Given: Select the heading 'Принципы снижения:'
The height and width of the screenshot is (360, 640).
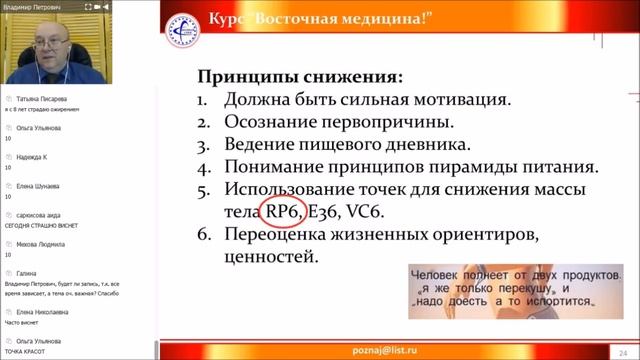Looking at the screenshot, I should pyautogui.click(x=301, y=77).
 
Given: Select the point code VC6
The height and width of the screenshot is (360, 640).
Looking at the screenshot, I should pyautogui.click(x=363, y=212).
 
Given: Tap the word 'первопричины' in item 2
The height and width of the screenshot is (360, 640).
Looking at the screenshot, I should pyautogui.click(x=384, y=122).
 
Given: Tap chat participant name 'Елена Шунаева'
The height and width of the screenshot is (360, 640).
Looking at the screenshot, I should pyautogui.click(x=39, y=185).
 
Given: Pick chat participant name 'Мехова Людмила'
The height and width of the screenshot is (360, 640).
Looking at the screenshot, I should pyautogui.click(x=41, y=243).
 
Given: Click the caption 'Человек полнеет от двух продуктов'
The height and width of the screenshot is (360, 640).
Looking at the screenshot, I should pyautogui.click(x=510, y=273).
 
